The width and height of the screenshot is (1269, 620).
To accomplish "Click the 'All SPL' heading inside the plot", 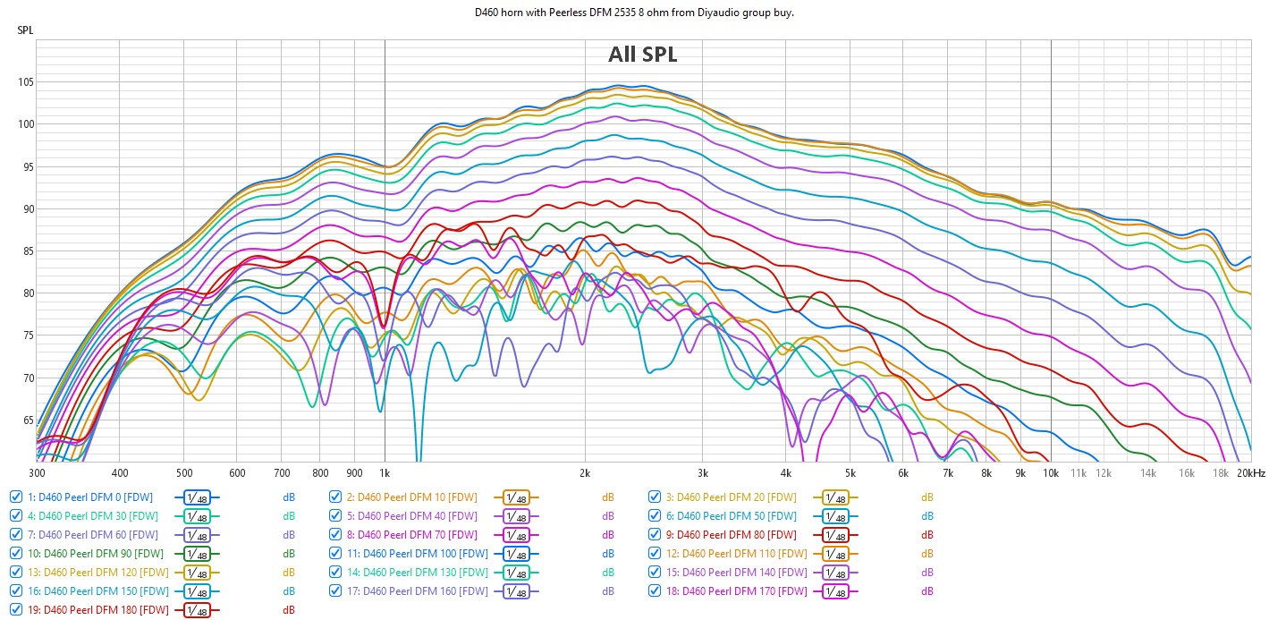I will pos(642,55).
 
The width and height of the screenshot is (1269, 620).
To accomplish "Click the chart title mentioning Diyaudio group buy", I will pos(633,13).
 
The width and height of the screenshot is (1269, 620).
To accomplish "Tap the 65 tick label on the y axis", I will pos(26,420).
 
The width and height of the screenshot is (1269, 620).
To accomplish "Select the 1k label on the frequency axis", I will pos(385,473).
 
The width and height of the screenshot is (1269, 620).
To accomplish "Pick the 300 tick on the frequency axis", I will pos(37,473).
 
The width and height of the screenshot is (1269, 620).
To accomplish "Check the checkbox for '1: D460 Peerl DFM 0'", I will pos(16,497).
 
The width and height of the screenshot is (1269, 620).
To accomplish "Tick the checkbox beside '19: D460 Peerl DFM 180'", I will pos(16,610).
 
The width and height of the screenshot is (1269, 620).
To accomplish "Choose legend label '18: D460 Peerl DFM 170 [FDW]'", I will pos(735,591).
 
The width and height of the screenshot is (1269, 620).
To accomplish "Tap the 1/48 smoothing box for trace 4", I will pos(197,516).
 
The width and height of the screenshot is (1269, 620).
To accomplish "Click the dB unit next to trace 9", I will pos(926,535).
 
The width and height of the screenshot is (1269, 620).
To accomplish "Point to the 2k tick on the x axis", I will pos(584,473).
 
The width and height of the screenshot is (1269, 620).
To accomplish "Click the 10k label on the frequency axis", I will pos(1050,473).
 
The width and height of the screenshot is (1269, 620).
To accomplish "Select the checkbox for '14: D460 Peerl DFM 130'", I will pos(335,573).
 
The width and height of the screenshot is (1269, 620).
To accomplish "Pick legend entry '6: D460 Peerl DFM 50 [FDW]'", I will pos(735,516).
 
